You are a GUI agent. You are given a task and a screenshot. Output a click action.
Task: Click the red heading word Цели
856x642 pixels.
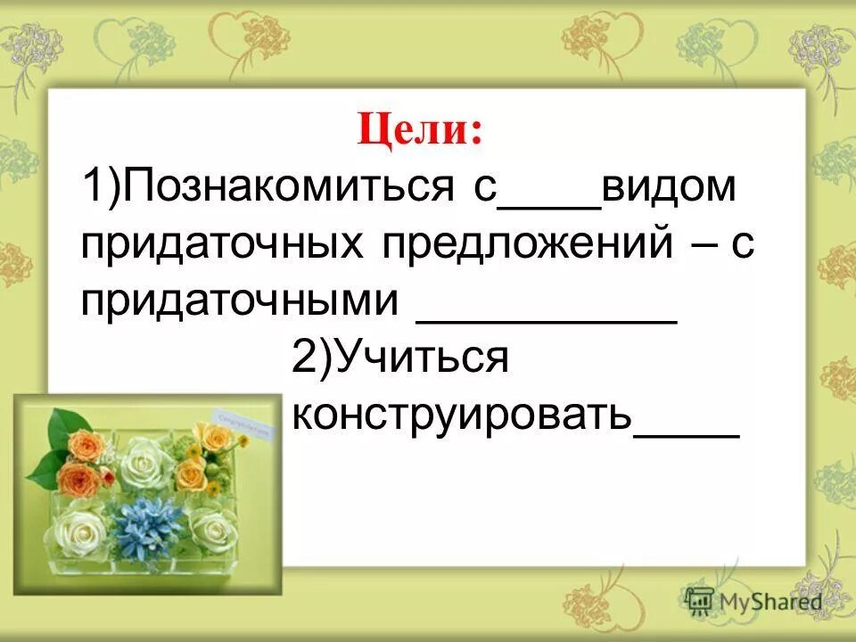418,133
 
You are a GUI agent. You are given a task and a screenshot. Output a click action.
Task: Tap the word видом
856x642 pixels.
670,190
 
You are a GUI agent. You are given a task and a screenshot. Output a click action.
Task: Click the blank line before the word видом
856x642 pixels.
548,207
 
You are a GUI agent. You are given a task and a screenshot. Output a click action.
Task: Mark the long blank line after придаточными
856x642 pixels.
547,319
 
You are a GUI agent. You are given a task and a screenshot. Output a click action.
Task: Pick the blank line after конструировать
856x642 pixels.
686,432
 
